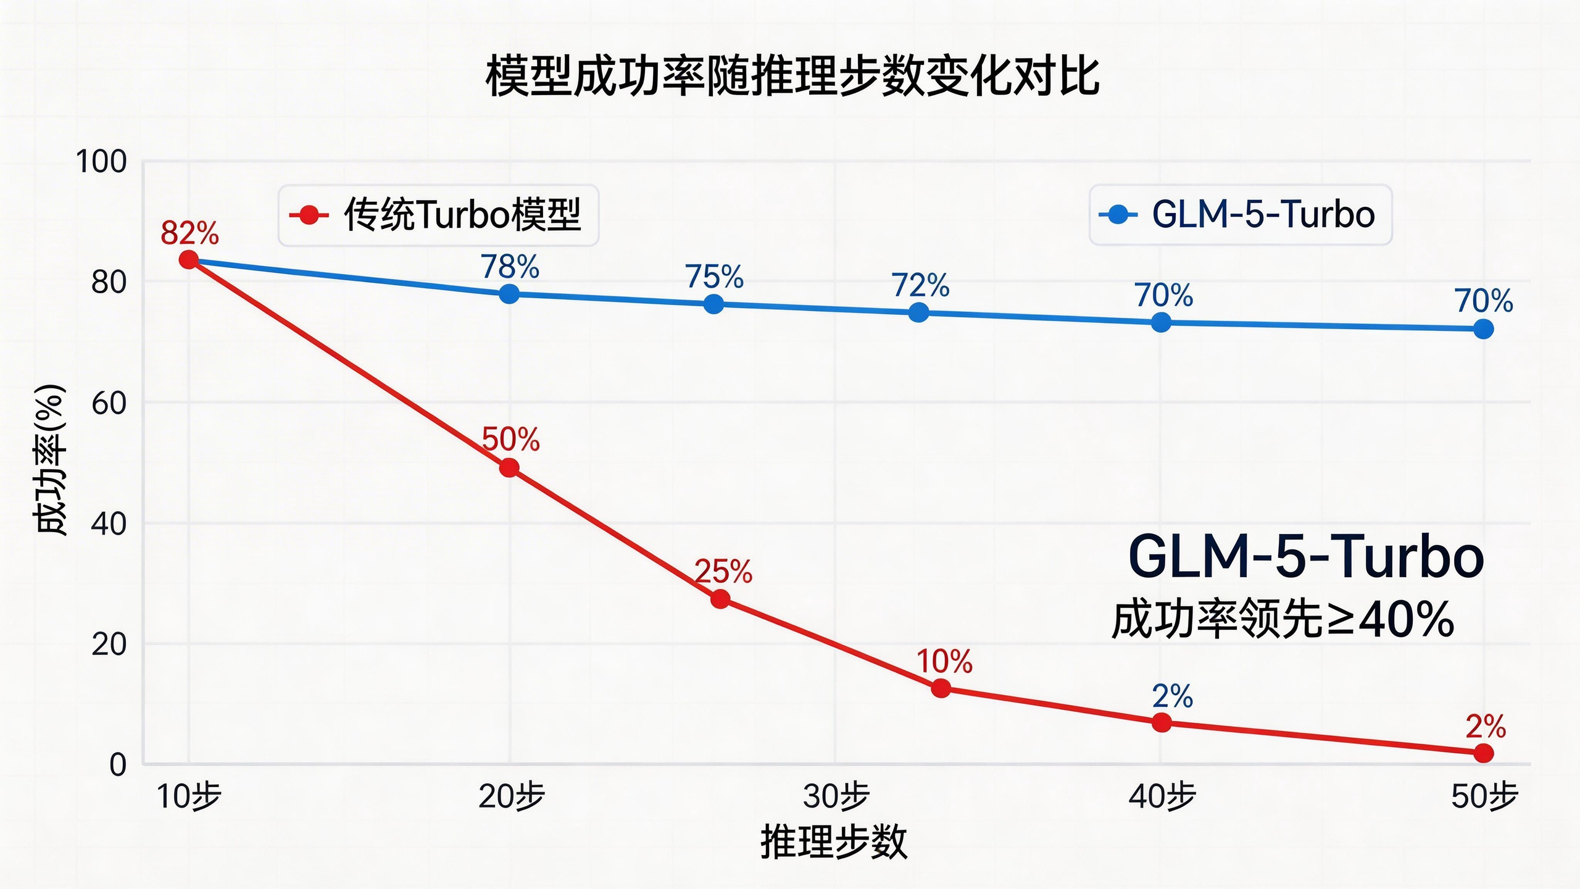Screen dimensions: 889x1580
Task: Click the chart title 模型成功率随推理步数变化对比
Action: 792,77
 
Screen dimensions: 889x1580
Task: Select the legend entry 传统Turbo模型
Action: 438,215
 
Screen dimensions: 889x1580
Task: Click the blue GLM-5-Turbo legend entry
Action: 1241,215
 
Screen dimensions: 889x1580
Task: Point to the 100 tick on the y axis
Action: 101,162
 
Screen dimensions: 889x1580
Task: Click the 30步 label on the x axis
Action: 836,796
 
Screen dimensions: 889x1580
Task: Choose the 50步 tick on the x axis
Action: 1484,796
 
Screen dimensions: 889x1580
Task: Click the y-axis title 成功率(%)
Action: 49,460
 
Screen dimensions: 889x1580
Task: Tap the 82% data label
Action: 189,233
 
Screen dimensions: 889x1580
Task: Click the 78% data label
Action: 510,267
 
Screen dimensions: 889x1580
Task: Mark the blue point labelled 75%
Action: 713,304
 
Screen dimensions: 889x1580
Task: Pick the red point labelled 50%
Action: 509,469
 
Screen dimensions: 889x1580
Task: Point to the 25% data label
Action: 723,572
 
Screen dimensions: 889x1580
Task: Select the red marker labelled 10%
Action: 941,688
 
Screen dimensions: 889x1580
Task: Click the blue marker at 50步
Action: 1484,329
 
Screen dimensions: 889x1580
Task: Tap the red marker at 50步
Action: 1484,753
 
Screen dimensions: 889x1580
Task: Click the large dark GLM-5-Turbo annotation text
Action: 1305,557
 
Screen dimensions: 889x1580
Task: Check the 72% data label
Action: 920,285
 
